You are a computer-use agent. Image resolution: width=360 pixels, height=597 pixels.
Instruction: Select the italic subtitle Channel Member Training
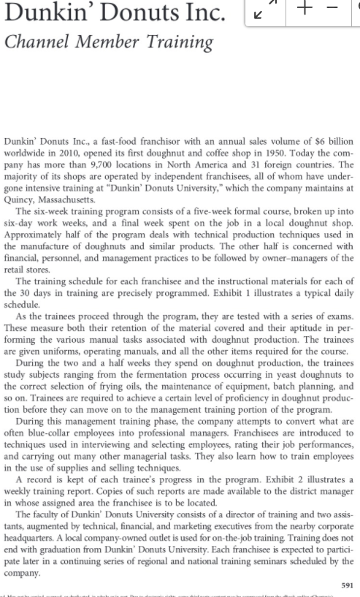tap(109, 42)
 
